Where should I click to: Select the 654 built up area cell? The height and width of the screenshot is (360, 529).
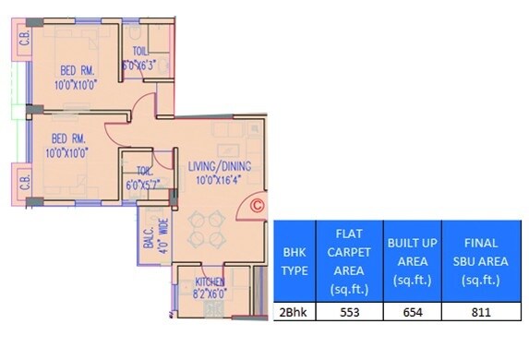click(x=411, y=312)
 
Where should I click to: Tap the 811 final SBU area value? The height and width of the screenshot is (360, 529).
click(x=481, y=312)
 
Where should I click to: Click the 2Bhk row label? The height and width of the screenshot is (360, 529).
click(x=294, y=312)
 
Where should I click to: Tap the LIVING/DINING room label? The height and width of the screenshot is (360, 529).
click(x=220, y=166)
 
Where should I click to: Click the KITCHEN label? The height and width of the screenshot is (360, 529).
click(x=210, y=281)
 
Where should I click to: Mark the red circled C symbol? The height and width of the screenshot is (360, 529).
click(x=258, y=207)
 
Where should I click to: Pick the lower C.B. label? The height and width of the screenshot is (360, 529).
click(x=24, y=187)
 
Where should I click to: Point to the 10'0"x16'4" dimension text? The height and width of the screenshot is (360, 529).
click(x=219, y=180)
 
